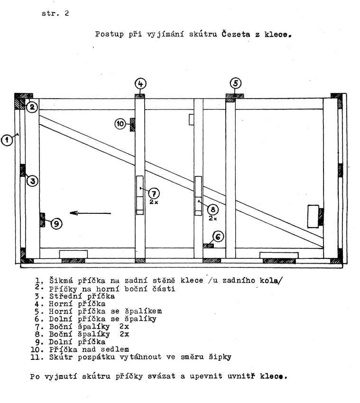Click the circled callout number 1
click(x=7, y=140)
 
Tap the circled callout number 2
click(x=32, y=107)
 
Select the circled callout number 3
click(x=33, y=181)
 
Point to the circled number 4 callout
click(x=140, y=84)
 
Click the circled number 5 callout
click(x=236, y=83)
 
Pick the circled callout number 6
click(x=218, y=237)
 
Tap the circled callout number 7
click(x=154, y=193)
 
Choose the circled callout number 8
click(x=213, y=210)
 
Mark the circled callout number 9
click(x=56, y=224)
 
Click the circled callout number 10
click(x=120, y=124)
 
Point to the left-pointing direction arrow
click(x=90, y=213)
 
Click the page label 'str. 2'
click(x=55, y=13)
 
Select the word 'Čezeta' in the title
click(x=236, y=34)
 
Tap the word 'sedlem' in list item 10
click(x=115, y=349)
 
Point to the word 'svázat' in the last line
click(x=161, y=376)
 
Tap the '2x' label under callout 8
click(x=212, y=219)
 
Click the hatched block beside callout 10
click(x=132, y=125)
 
